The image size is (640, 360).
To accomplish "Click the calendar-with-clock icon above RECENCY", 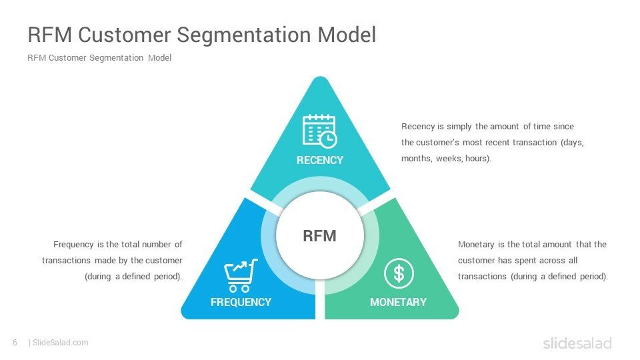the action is pos(319,131).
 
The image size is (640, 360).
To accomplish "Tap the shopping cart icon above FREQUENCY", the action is pos(241,275).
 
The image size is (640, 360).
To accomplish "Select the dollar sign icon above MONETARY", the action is pos(399,273).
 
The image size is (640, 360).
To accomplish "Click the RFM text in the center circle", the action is pos(319,236).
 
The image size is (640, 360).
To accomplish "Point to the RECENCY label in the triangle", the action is pos(320,160).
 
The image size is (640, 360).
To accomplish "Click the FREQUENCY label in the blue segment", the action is pos(241,302).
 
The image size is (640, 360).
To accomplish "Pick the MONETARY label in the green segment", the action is pos(399,302).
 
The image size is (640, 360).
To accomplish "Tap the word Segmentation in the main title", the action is pos(244,35).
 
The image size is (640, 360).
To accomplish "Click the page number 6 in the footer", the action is pos(15,343).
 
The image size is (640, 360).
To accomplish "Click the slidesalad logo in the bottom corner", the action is pos(577,343).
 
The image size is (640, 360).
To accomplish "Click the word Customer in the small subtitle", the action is pos(67,58).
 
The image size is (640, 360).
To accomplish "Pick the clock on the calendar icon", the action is pos(328,139).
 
